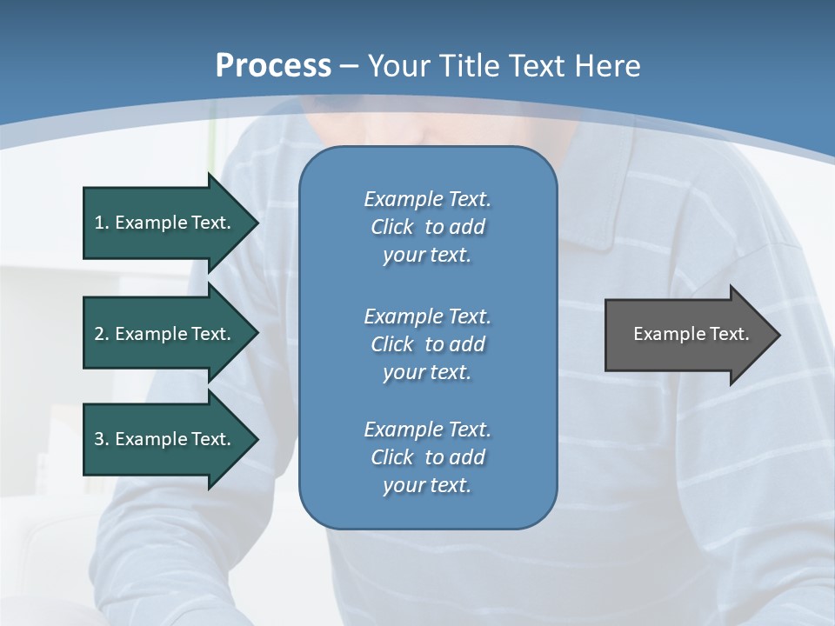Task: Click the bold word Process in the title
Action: (x=273, y=66)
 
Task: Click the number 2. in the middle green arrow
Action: (x=102, y=334)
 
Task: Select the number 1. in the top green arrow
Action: (x=102, y=223)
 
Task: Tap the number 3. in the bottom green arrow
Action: (x=102, y=439)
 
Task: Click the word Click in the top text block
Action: (x=392, y=227)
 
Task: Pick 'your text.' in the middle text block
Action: (x=427, y=372)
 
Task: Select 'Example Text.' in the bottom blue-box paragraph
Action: (x=427, y=430)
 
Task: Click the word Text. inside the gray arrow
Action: (x=729, y=334)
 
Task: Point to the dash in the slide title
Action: (x=349, y=66)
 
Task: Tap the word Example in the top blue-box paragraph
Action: (x=403, y=199)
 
